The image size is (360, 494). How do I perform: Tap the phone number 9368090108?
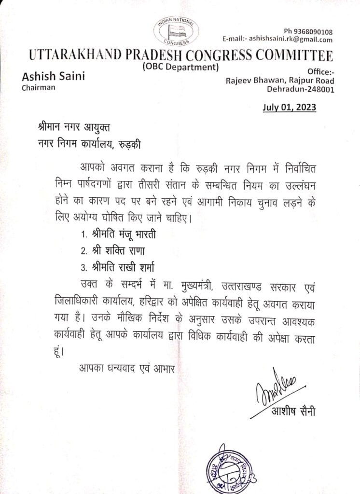312,31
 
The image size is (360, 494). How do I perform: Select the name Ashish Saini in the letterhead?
52,77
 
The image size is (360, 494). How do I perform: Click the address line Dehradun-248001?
301,89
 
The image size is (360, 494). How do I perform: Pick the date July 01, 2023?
290,107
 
